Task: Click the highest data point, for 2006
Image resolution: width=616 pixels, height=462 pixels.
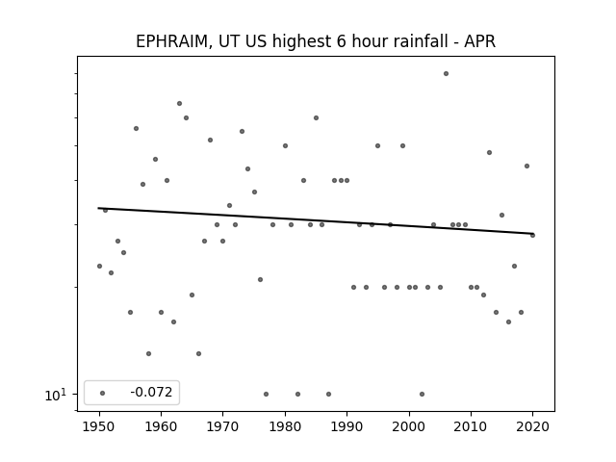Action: point(446,73)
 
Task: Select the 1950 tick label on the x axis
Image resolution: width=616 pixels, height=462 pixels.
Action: point(99,426)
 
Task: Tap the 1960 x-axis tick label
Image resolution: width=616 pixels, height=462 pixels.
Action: point(161,426)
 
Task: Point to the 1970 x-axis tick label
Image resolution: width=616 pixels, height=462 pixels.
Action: point(222,426)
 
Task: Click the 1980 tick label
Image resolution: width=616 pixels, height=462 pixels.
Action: point(285,426)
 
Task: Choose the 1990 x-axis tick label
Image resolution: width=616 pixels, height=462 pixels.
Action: point(346,426)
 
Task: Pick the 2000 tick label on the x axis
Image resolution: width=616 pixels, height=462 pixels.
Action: point(409,426)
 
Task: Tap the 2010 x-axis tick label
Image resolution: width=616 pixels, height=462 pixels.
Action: point(471,426)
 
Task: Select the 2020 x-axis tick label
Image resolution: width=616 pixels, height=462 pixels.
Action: point(532,426)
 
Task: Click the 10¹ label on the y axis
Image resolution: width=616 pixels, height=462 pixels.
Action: point(56,395)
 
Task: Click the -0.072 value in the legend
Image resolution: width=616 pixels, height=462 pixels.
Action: point(151,392)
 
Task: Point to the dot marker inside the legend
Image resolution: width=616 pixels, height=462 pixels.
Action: point(103,393)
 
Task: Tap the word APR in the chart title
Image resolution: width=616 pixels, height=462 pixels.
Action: point(479,41)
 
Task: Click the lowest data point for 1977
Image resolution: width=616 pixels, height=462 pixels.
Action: point(266,394)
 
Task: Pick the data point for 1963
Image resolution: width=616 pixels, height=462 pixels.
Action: point(180,103)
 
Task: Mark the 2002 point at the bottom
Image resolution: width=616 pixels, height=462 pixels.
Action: point(422,394)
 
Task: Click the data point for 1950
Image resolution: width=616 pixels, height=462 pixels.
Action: point(99,266)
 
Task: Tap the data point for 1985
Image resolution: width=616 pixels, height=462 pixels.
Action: point(317,117)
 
